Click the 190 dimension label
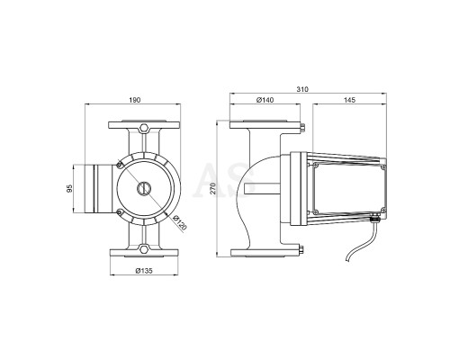135,100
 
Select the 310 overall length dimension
302,89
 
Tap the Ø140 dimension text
265,100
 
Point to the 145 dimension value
349,100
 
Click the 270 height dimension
212,188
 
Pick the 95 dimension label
69,189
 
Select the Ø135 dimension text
144,271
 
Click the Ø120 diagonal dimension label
180,222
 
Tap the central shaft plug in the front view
144,188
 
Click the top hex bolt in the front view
144,128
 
